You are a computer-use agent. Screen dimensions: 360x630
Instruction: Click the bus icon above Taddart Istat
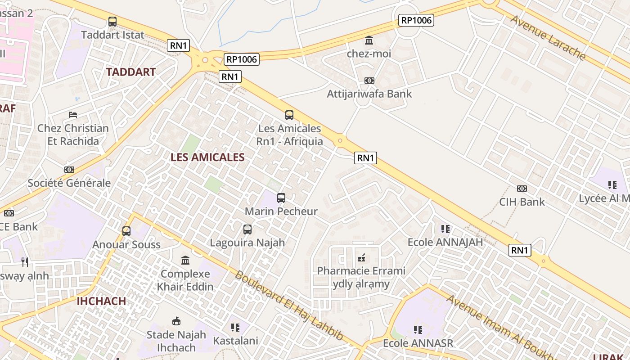point(112,21)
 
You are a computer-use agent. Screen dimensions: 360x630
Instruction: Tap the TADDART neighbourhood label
point(131,72)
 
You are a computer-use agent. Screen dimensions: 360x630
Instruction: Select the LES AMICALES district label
point(207,157)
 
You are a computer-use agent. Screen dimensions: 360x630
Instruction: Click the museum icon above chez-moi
point(369,40)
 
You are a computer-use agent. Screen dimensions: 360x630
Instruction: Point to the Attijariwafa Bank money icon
point(369,81)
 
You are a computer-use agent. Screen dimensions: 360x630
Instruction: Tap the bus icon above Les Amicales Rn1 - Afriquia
point(289,115)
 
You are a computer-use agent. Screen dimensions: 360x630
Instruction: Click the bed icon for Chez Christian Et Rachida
point(73,115)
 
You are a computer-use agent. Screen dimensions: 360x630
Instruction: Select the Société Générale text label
point(69,183)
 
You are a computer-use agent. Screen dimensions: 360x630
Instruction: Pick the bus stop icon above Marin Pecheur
point(281,198)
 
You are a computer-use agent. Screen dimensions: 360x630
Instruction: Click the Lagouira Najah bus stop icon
point(247,229)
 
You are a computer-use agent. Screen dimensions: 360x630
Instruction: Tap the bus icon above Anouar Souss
point(126,231)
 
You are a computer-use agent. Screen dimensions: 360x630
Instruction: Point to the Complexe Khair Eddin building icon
point(185,260)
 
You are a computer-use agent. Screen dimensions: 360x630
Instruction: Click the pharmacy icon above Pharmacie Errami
point(361,258)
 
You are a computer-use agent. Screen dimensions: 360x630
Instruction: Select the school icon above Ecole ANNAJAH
point(445,229)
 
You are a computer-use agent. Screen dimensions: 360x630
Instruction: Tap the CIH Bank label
point(522,202)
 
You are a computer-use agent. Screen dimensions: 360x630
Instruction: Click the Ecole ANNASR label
point(418,343)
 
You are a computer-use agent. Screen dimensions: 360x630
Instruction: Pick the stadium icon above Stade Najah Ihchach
point(176,321)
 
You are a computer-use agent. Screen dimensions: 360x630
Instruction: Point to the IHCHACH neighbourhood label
point(101,301)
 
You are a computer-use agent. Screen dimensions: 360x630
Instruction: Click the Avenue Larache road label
point(548,38)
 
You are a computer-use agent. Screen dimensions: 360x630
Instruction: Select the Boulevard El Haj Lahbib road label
point(289,306)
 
